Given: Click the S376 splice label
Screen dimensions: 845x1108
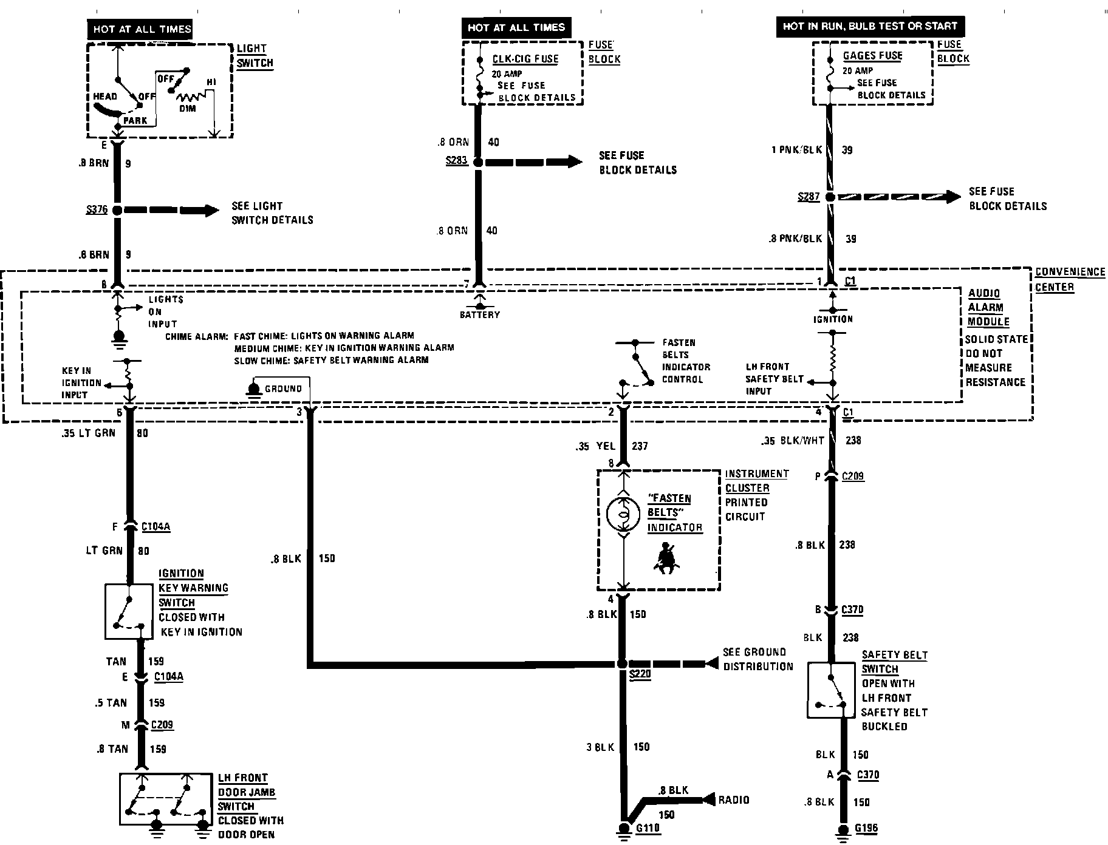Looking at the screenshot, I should pyautogui.click(x=97, y=211).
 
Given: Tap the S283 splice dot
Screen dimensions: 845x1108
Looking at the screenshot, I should pyautogui.click(x=478, y=162).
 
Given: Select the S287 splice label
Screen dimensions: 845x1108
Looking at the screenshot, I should pyautogui.click(x=809, y=197).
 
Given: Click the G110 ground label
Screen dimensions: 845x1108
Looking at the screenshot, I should pyautogui.click(x=648, y=827).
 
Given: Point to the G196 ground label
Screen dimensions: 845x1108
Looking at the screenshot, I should pyautogui.click(x=866, y=827).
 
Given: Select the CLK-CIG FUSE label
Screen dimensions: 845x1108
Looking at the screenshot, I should pyautogui.click(x=525, y=59).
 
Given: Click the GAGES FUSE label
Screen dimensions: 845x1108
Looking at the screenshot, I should pyautogui.click(x=872, y=56).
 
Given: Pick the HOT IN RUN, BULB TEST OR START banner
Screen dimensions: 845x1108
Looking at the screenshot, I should pyautogui.click(x=869, y=26).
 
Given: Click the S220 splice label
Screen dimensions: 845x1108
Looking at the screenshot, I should pyautogui.click(x=640, y=674).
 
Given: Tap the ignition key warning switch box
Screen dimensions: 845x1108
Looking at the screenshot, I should pyautogui.click(x=129, y=611).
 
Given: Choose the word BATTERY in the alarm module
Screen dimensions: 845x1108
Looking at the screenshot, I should pyautogui.click(x=479, y=314).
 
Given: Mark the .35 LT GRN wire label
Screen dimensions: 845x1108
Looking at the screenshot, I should pyautogui.click(x=88, y=433).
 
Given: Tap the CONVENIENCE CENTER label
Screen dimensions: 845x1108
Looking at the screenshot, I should pyautogui.click(x=1069, y=279).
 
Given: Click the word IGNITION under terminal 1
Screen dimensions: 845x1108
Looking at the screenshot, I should pyautogui.click(x=833, y=319).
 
